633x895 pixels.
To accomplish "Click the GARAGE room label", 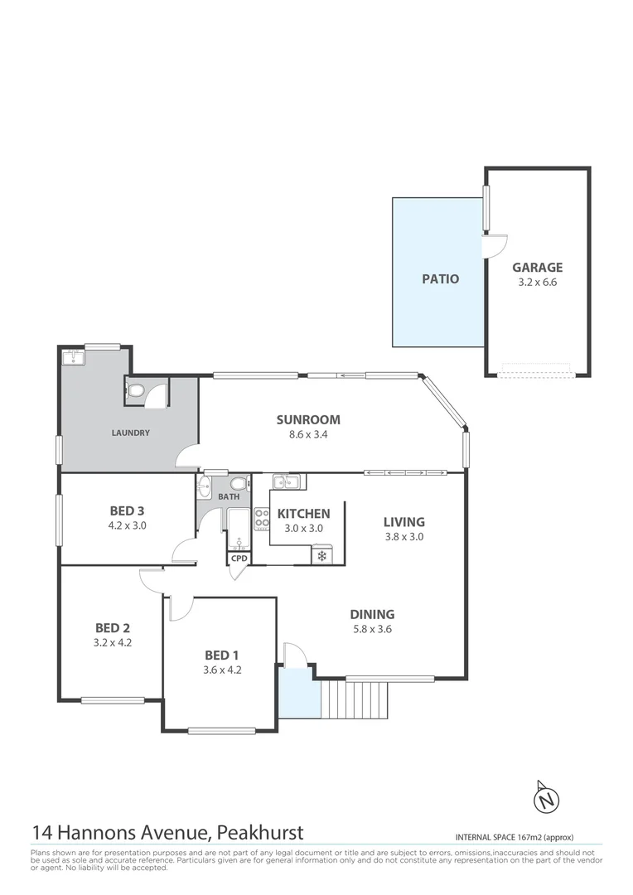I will [x=537, y=267].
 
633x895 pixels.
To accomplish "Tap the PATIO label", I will [x=440, y=278].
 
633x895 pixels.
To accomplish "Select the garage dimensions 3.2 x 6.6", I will [x=537, y=283].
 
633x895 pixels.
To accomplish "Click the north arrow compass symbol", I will [x=546, y=799].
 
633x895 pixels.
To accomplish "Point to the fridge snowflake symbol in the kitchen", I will [x=321, y=556].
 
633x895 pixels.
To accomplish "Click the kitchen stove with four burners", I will [x=262, y=519].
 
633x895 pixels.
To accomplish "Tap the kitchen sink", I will [x=287, y=481].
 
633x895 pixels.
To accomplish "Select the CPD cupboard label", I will [x=239, y=558].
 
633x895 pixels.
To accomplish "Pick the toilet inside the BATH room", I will [x=238, y=484].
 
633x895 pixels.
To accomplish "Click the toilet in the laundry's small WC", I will [x=136, y=389].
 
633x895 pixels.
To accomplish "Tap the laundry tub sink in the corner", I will [x=75, y=357].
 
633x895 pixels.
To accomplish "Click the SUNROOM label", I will [x=308, y=419].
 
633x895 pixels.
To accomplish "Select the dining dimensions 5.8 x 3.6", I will [x=371, y=629].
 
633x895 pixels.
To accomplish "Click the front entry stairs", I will [x=354, y=700].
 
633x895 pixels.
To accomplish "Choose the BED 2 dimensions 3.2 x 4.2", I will [x=112, y=642].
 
